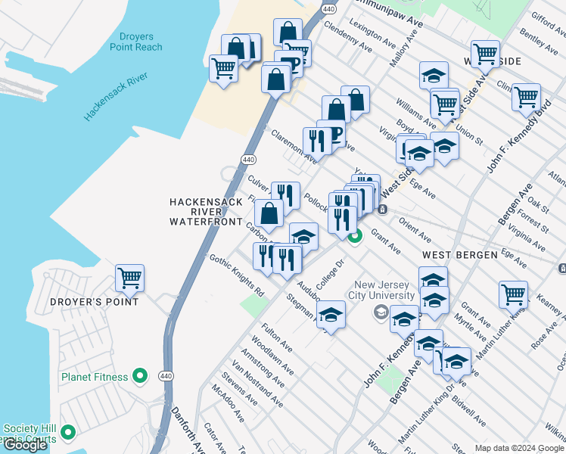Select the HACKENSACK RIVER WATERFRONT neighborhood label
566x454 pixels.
(x=207, y=212)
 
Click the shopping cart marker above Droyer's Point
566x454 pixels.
(x=129, y=278)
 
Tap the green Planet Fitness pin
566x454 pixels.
(x=139, y=375)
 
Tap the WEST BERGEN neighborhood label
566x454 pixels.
(x=459, y=255)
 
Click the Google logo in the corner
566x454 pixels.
(x=25, y=445)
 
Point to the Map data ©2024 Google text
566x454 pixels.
(x=519, y=448)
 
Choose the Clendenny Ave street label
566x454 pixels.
(x=347, y=36)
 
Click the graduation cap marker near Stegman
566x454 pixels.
(x=331, y=313)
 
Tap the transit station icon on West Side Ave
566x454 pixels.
(x=384, y=210)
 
